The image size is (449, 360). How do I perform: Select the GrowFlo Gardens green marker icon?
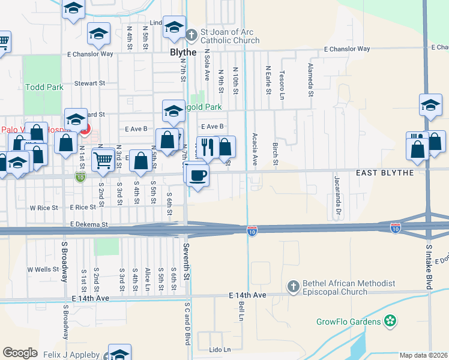390,321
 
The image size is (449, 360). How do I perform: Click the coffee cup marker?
198,175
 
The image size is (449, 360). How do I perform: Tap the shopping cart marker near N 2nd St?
103,160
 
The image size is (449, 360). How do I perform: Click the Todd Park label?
44,87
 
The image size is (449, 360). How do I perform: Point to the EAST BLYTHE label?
385,173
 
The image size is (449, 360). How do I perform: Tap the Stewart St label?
89,83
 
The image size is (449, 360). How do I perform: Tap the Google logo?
20,353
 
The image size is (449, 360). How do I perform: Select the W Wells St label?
43,269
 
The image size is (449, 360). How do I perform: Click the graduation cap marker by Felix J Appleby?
120,352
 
